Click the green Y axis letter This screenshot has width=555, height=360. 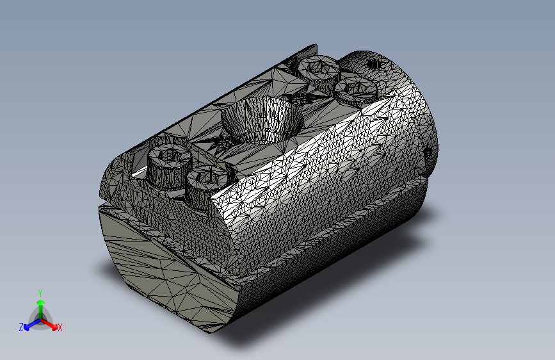point(40,293)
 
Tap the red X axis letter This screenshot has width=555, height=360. point(60,327)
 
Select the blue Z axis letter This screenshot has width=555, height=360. point(21,327)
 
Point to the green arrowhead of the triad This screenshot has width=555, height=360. point(41,303)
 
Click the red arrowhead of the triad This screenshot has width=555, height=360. point(54,327)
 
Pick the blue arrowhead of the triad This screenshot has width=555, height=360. point(26,327)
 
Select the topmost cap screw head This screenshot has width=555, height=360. point(318,69)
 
